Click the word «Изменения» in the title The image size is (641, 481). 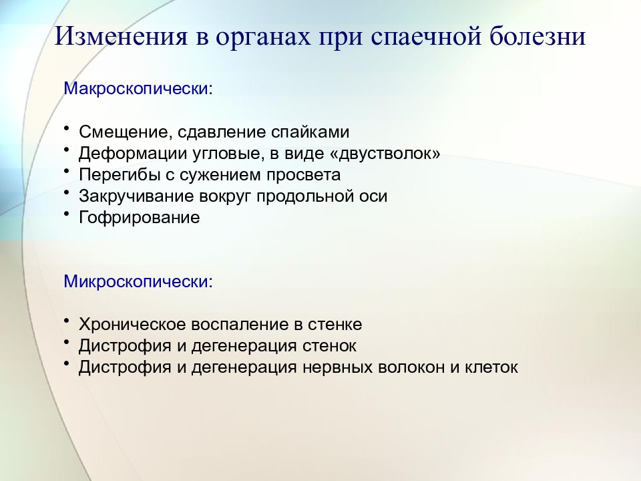tap(121, 35)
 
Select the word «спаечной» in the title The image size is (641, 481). tap(425, 35)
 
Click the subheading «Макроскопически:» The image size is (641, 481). tap(139, 89)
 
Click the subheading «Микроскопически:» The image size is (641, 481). tap(139, 281)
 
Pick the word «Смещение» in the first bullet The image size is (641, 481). tap(125, 132)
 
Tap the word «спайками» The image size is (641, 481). tap(310, 132)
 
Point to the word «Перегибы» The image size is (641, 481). tap(120, 175)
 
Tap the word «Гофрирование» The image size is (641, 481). tap(140, 218)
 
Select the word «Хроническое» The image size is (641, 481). tap(132, 325)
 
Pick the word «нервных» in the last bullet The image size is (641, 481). tap(337, 367)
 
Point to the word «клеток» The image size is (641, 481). tap(491, 367)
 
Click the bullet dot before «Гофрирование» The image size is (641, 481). tap(67, 214)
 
